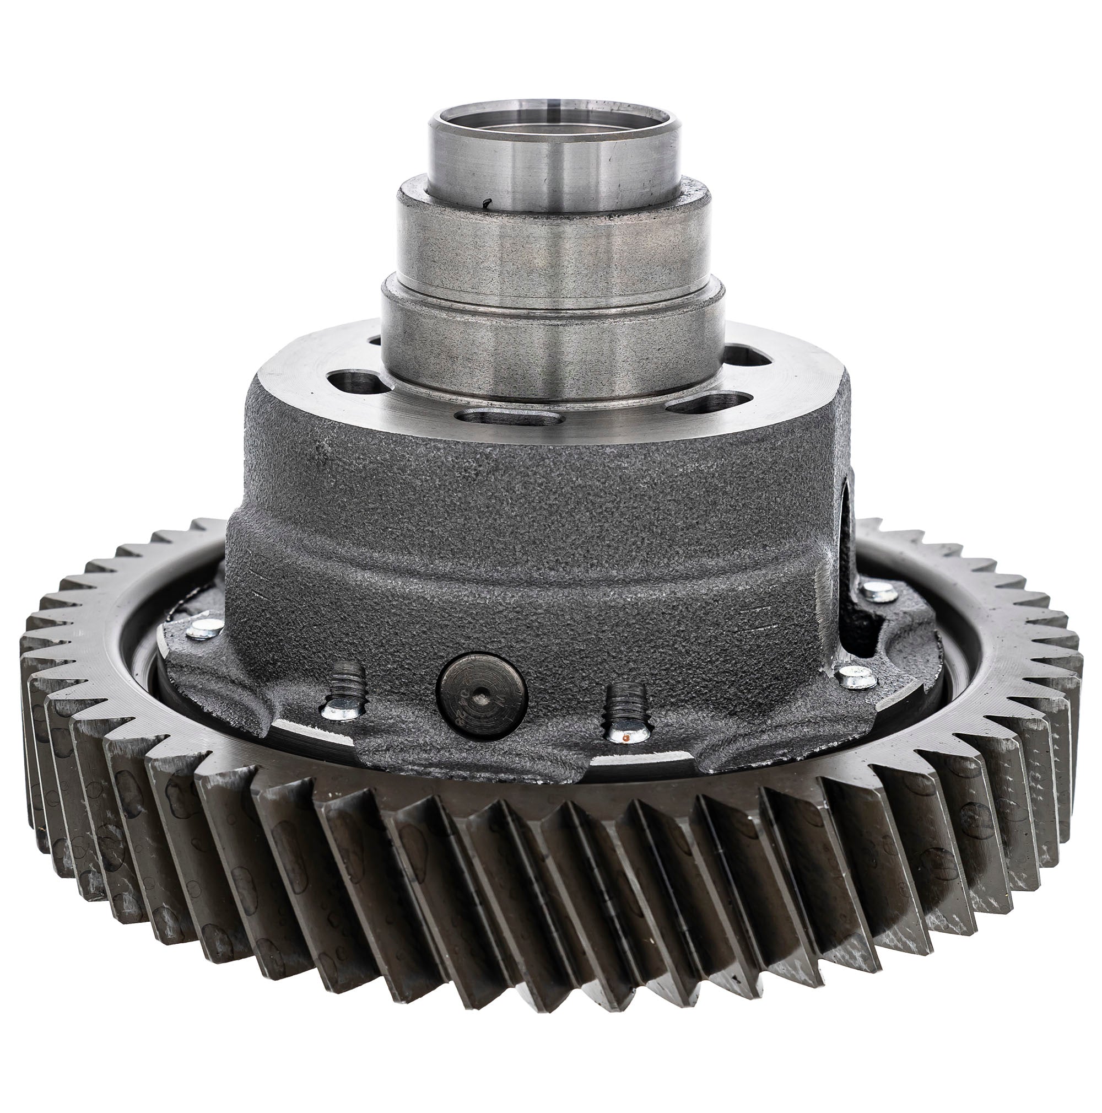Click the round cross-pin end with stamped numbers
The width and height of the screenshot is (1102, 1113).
(482, 696)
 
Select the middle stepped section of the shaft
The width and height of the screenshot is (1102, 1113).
(553, 242)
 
